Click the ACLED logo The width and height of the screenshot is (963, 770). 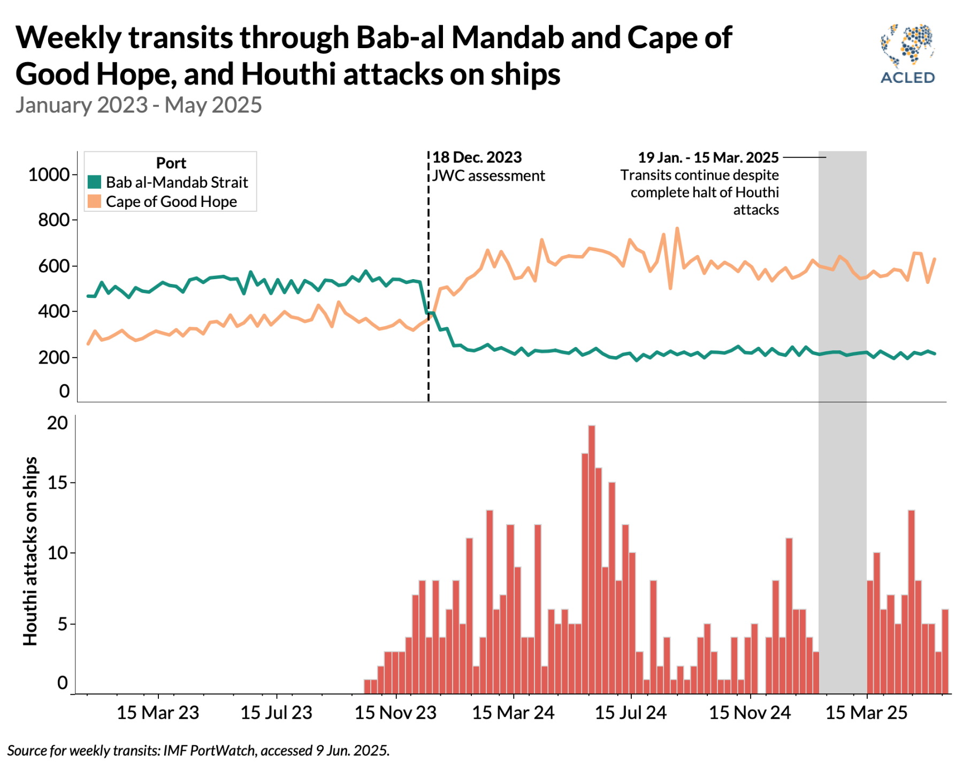click(907, 53)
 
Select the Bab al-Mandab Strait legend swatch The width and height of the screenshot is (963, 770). click(94, 182)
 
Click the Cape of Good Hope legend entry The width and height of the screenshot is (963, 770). click(171, 202)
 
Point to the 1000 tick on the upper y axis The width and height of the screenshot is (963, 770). click(49, 175)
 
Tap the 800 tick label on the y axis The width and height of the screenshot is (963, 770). click(53, 220)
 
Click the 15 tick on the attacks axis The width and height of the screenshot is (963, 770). click(58, 483)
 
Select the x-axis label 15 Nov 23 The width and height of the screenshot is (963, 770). click(395, 713)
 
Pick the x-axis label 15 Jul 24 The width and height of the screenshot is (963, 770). click(631, 713)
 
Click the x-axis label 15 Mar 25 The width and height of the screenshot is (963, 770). click(866, 713)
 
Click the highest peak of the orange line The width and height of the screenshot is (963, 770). click(677, 229)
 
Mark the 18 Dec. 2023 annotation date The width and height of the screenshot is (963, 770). click(477, 158)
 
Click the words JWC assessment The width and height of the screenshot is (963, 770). click(488, 176)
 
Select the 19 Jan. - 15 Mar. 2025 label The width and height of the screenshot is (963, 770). click(708, 158)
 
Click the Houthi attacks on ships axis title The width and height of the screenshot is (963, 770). click(30, 551)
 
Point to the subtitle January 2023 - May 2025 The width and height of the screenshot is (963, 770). click(139, 105)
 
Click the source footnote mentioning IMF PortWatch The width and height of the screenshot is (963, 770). click(198, 751)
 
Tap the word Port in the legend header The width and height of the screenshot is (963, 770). click(171, 163)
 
